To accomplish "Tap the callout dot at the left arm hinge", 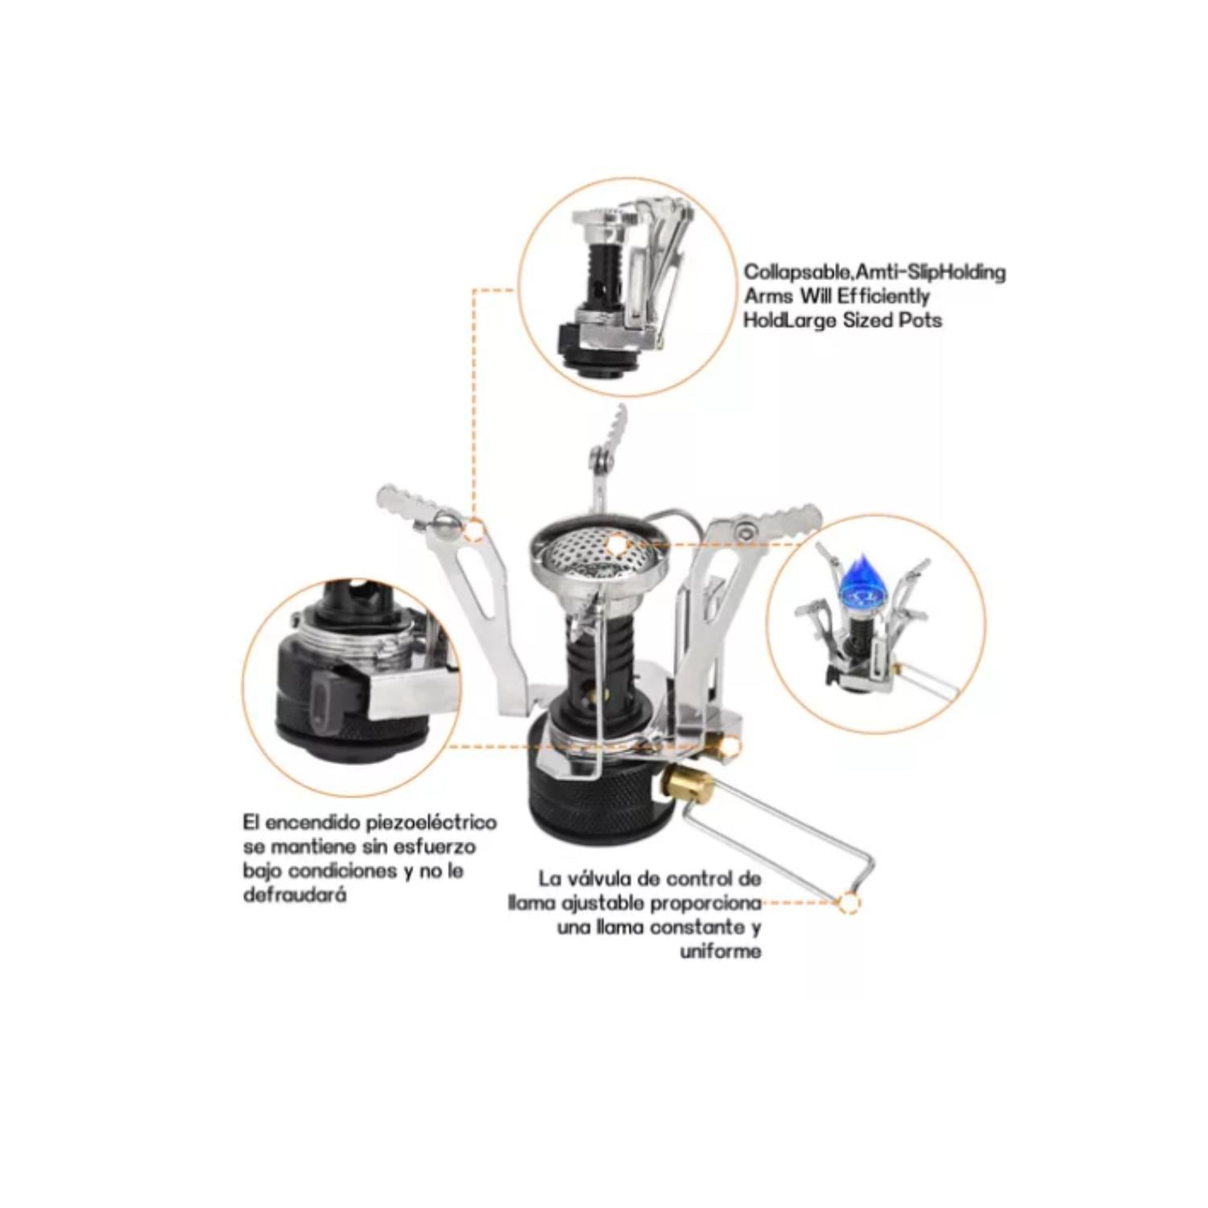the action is coord(475,531).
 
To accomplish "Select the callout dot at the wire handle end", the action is coord(848,903).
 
